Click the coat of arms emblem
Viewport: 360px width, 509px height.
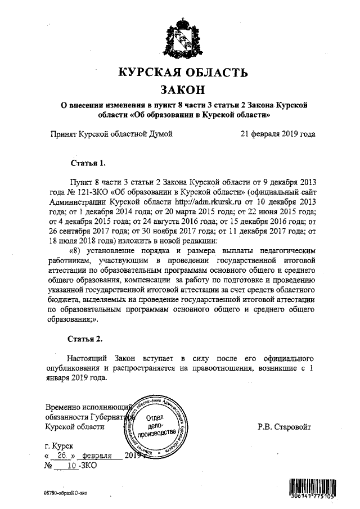[x=181, y=37]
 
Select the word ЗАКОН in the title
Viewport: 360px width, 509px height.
[x=181, y=90]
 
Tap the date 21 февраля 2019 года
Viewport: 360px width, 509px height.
[x=277, y=134]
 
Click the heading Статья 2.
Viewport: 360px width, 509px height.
[x=85, y=339]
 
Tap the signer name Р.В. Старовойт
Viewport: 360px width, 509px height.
[x=283, y=426]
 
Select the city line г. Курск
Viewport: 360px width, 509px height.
[x=62, y=445]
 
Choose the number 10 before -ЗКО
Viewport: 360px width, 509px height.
[x=71, y=466]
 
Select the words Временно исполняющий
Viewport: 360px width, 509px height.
[x=87, y=406]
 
